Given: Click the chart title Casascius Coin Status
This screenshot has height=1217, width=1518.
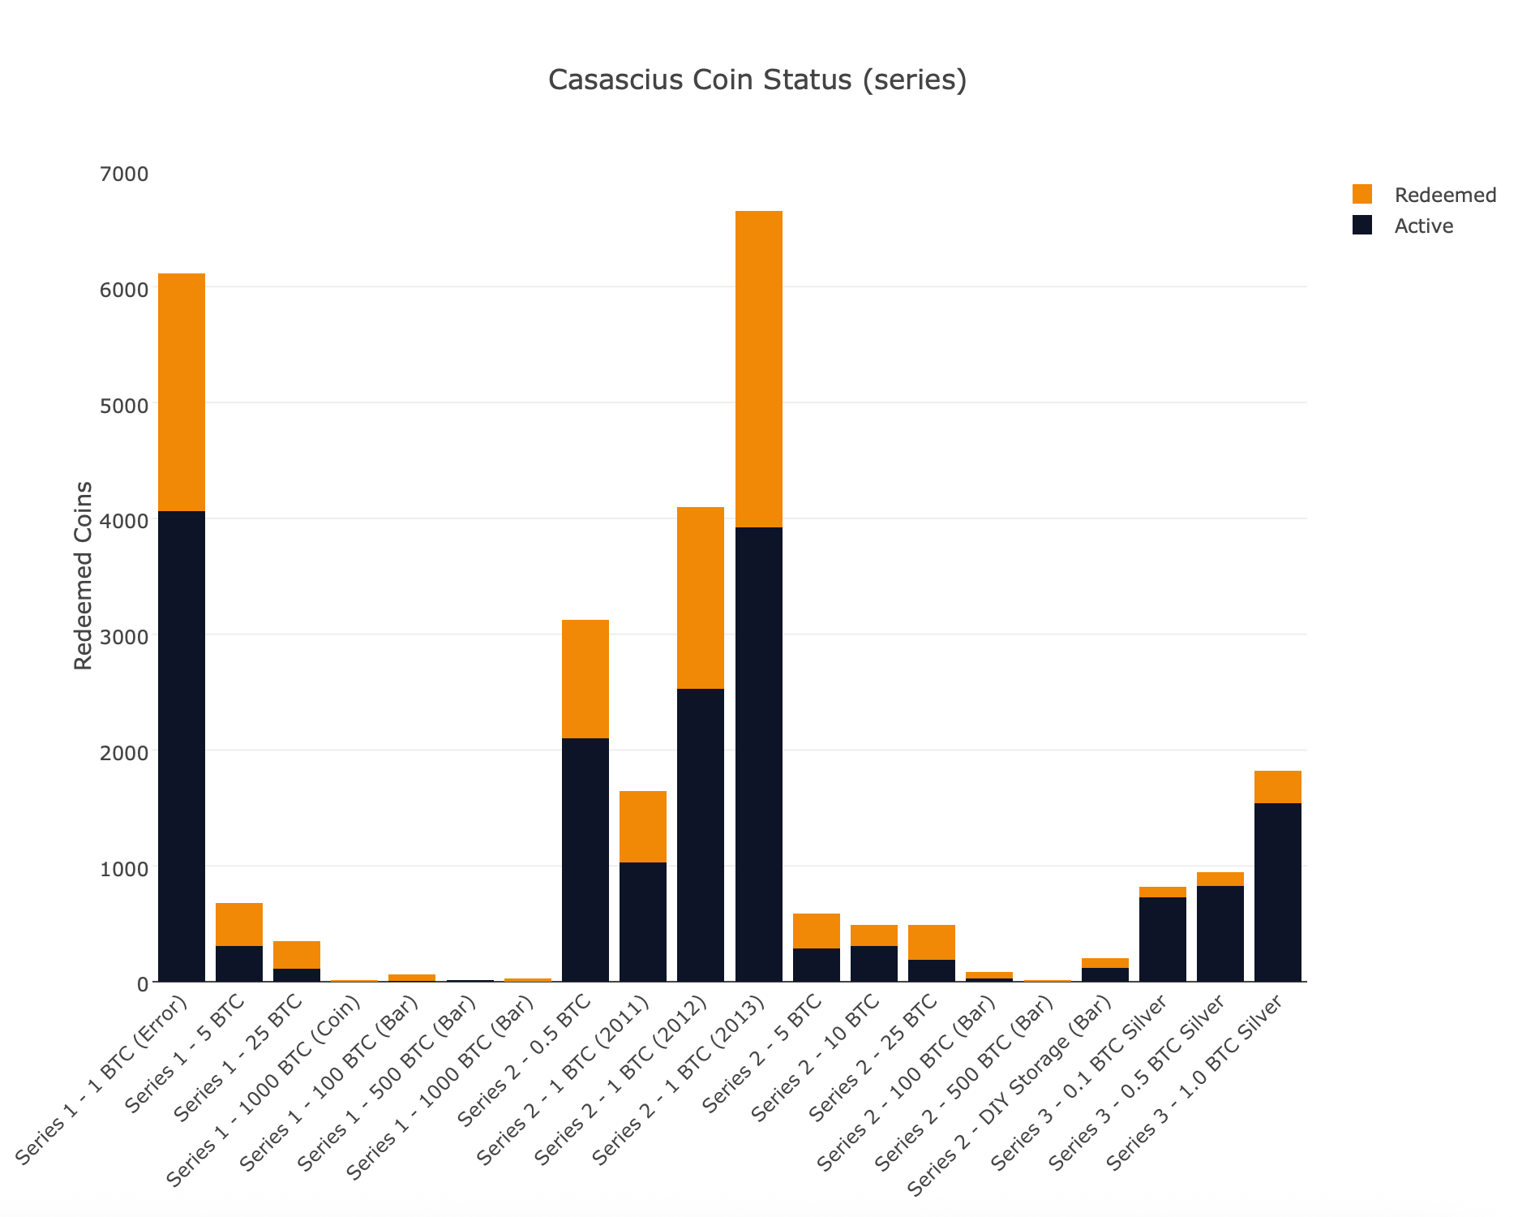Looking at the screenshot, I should coord(757,80).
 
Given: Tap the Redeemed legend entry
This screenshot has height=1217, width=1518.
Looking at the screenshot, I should coord(1444,195).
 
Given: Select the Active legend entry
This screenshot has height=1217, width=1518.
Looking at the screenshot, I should coord(1423,226).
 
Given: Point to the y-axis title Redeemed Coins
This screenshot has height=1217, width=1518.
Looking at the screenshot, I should coord(83,575).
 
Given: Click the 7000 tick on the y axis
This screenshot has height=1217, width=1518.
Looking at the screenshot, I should coord(126,174).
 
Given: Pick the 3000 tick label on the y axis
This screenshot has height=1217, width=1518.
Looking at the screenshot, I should coord(126,636).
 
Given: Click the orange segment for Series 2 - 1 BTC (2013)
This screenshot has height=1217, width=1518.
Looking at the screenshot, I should coord(758,369).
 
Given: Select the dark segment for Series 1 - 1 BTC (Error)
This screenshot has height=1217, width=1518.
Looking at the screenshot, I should coord(182,746).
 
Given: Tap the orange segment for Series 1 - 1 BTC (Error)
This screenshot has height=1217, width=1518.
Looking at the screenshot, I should coord(182,392).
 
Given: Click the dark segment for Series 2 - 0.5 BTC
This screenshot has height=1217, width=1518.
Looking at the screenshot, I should coord(585,860).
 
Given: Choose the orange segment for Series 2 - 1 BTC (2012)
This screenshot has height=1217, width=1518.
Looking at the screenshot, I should coord(701,598).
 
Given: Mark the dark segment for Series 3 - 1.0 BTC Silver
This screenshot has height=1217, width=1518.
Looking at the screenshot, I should coord(1277,892).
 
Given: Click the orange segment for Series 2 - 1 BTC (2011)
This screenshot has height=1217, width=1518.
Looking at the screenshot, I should coord(643,827).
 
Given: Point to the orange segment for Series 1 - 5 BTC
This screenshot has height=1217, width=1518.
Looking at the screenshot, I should coord(239,924).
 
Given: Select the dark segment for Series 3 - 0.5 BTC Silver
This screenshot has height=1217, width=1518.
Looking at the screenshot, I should coord(1220,934).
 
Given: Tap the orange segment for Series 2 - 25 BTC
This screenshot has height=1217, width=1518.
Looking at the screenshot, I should coord(931,942).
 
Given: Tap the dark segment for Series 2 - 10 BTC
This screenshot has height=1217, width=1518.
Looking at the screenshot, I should coord(873,964).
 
